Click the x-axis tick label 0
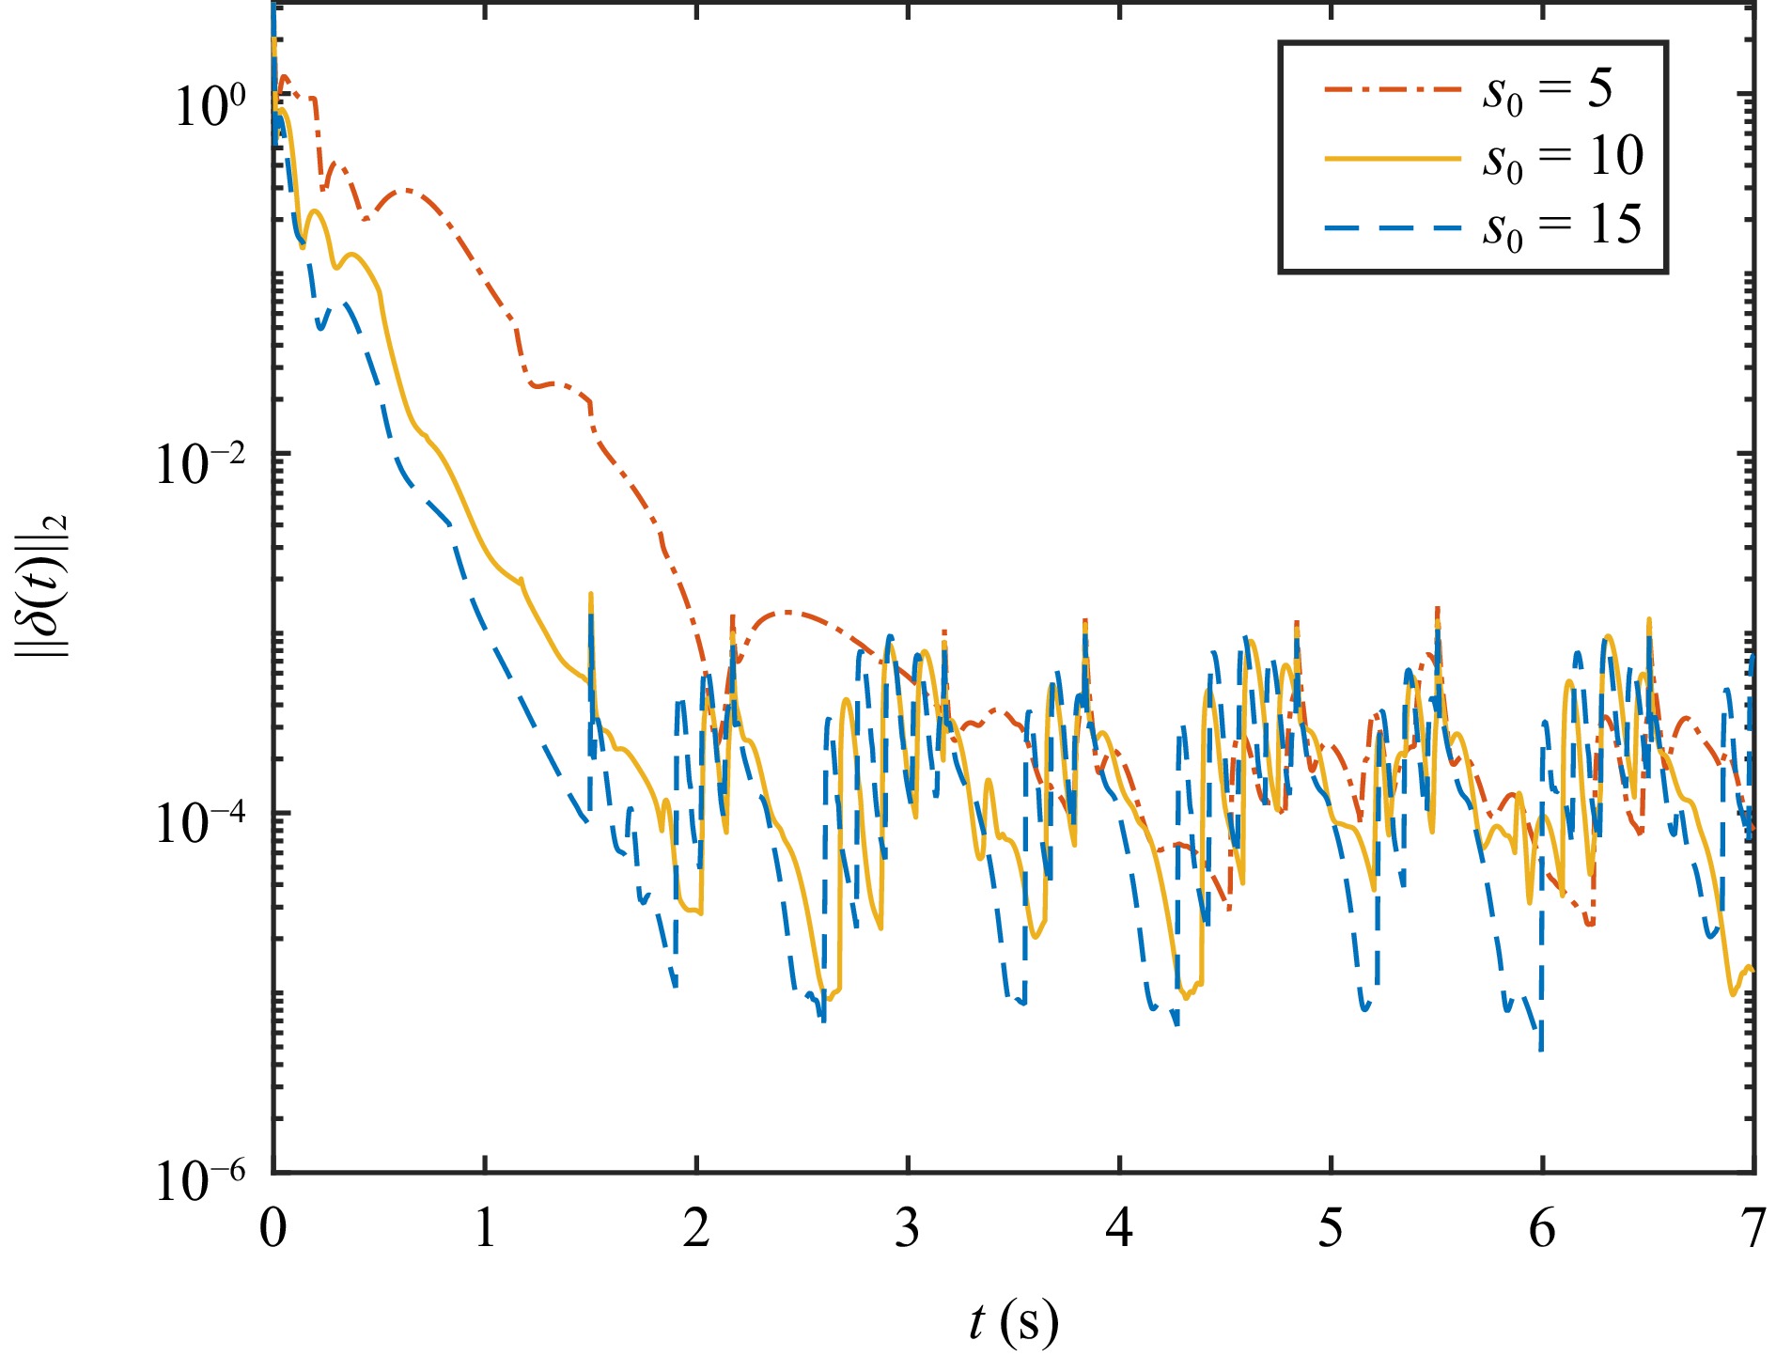click(273, 1229)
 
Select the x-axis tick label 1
click(485, 1229)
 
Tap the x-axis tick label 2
click(696, 1229)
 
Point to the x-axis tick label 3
click(908, 1229)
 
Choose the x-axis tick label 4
click(1119, 1229)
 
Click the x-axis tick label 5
click(1331, 1229)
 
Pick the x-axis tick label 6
click(1542, 1229)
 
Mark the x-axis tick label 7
click(1752, 1229)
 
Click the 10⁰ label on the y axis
click(209, 105)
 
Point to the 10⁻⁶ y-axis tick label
click(200, 1181)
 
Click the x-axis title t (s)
click(1013, 1320)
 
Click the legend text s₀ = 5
click(1547, 91)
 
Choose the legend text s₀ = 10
click(1563, 158)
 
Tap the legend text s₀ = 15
click(1563, 226)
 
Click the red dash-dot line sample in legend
click(1393, 89)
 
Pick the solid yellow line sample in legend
click(1393, 158)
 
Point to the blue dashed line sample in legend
click(1393, 226)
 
